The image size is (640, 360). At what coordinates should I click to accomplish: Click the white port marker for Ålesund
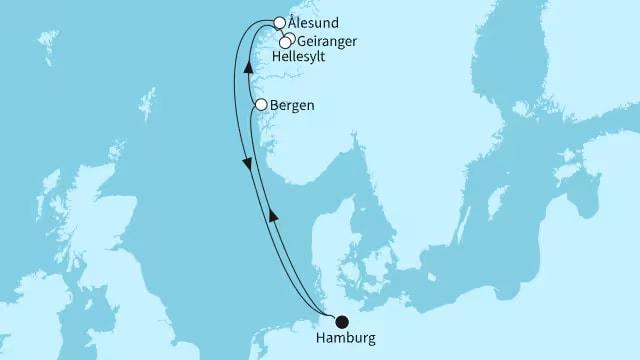coord(279,22)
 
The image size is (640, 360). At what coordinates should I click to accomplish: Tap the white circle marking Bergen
coord(261,104)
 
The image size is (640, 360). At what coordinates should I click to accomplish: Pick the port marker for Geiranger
coord(289,39)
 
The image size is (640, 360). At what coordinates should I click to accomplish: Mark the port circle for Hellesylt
coord(284,43)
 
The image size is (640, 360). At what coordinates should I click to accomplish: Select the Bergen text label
coord(290,104)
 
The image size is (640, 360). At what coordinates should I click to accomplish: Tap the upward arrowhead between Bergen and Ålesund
coord(248,88)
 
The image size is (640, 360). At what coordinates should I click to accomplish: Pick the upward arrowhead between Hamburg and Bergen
coord(271,214)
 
